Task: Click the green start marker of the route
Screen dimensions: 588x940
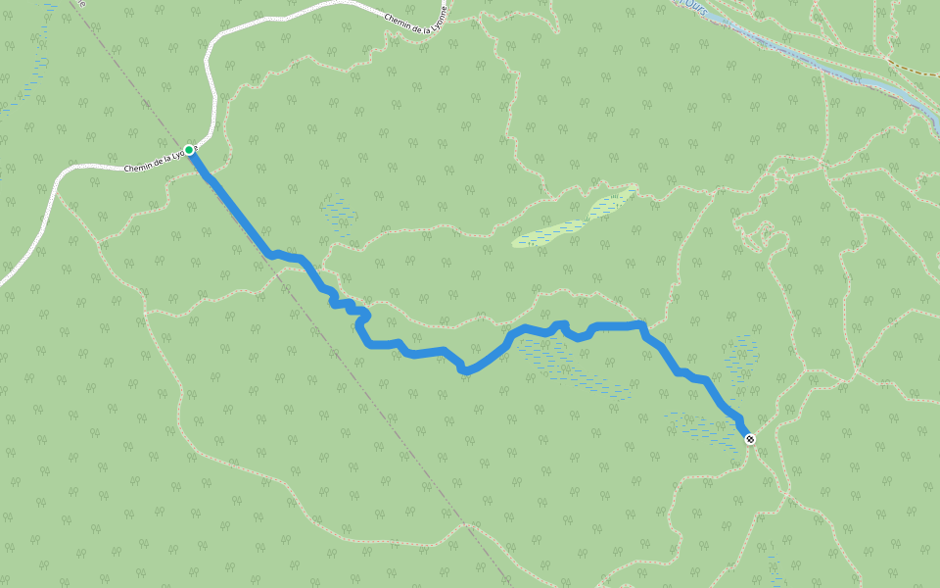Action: tap(189, 150)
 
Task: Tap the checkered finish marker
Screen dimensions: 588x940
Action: tap(750, 439)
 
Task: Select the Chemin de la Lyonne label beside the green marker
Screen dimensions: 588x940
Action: tap(157, 161)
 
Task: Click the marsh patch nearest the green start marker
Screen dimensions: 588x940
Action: tap(339, 216)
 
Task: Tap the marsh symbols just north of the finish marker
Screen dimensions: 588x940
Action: tap(742, 358)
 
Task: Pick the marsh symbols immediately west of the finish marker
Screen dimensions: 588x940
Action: tap(700, 426)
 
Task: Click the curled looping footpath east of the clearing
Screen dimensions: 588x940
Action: tap(759, 235)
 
